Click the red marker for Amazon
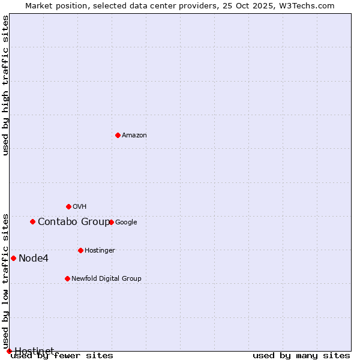pyautogui.click(x=118, y=135)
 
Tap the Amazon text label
pyautogui.click(x=134, y=136)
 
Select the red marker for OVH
pyautogui.click(x=68, y=206)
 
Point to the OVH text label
pyautogui.click(x=80, y=207)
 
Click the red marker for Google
pyautogui.click(x=111, y=222)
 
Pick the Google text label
pyautogui.click(x=126, y=223)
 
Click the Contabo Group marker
pyautogui.click(x=32, y=221)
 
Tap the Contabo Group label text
pyautogui.click(x=73, y=222)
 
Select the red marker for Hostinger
pyautogui.click(x=80, y=250)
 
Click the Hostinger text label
pyautogui.click(x=100, y=251)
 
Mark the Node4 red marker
pyautogui.click(x=13, y=258)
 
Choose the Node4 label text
pyautogui.click(x=34, y=259)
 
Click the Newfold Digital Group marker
pyautogui.click(x=67, y=278)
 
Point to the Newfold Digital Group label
pyautogui.click(x=106, y=279)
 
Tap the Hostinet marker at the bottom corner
pyautogui.click(x=9, y=351)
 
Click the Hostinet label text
pyautogui.click(x=34, y=350)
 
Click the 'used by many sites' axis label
pyautogui.click(x=301, y=356)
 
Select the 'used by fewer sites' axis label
pyautogui.click(x=62, y=356)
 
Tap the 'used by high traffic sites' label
pyautogui.click(x=6, y=85)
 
